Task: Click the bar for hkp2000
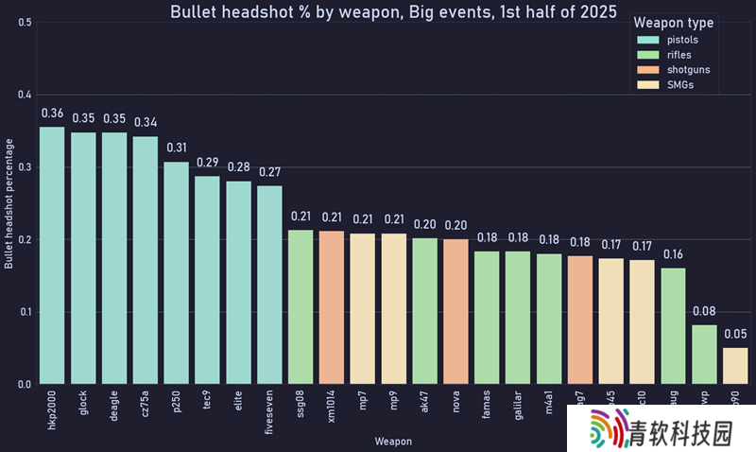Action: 52,255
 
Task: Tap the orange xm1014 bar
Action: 332,307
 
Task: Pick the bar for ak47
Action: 424,311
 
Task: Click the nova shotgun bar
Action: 455,311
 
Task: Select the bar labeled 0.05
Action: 734,366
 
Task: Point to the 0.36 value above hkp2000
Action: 52,113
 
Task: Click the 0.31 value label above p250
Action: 177,148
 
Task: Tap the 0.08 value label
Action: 704,311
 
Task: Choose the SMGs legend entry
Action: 680,85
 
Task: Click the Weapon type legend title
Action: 674,23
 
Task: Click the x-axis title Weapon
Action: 392,441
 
